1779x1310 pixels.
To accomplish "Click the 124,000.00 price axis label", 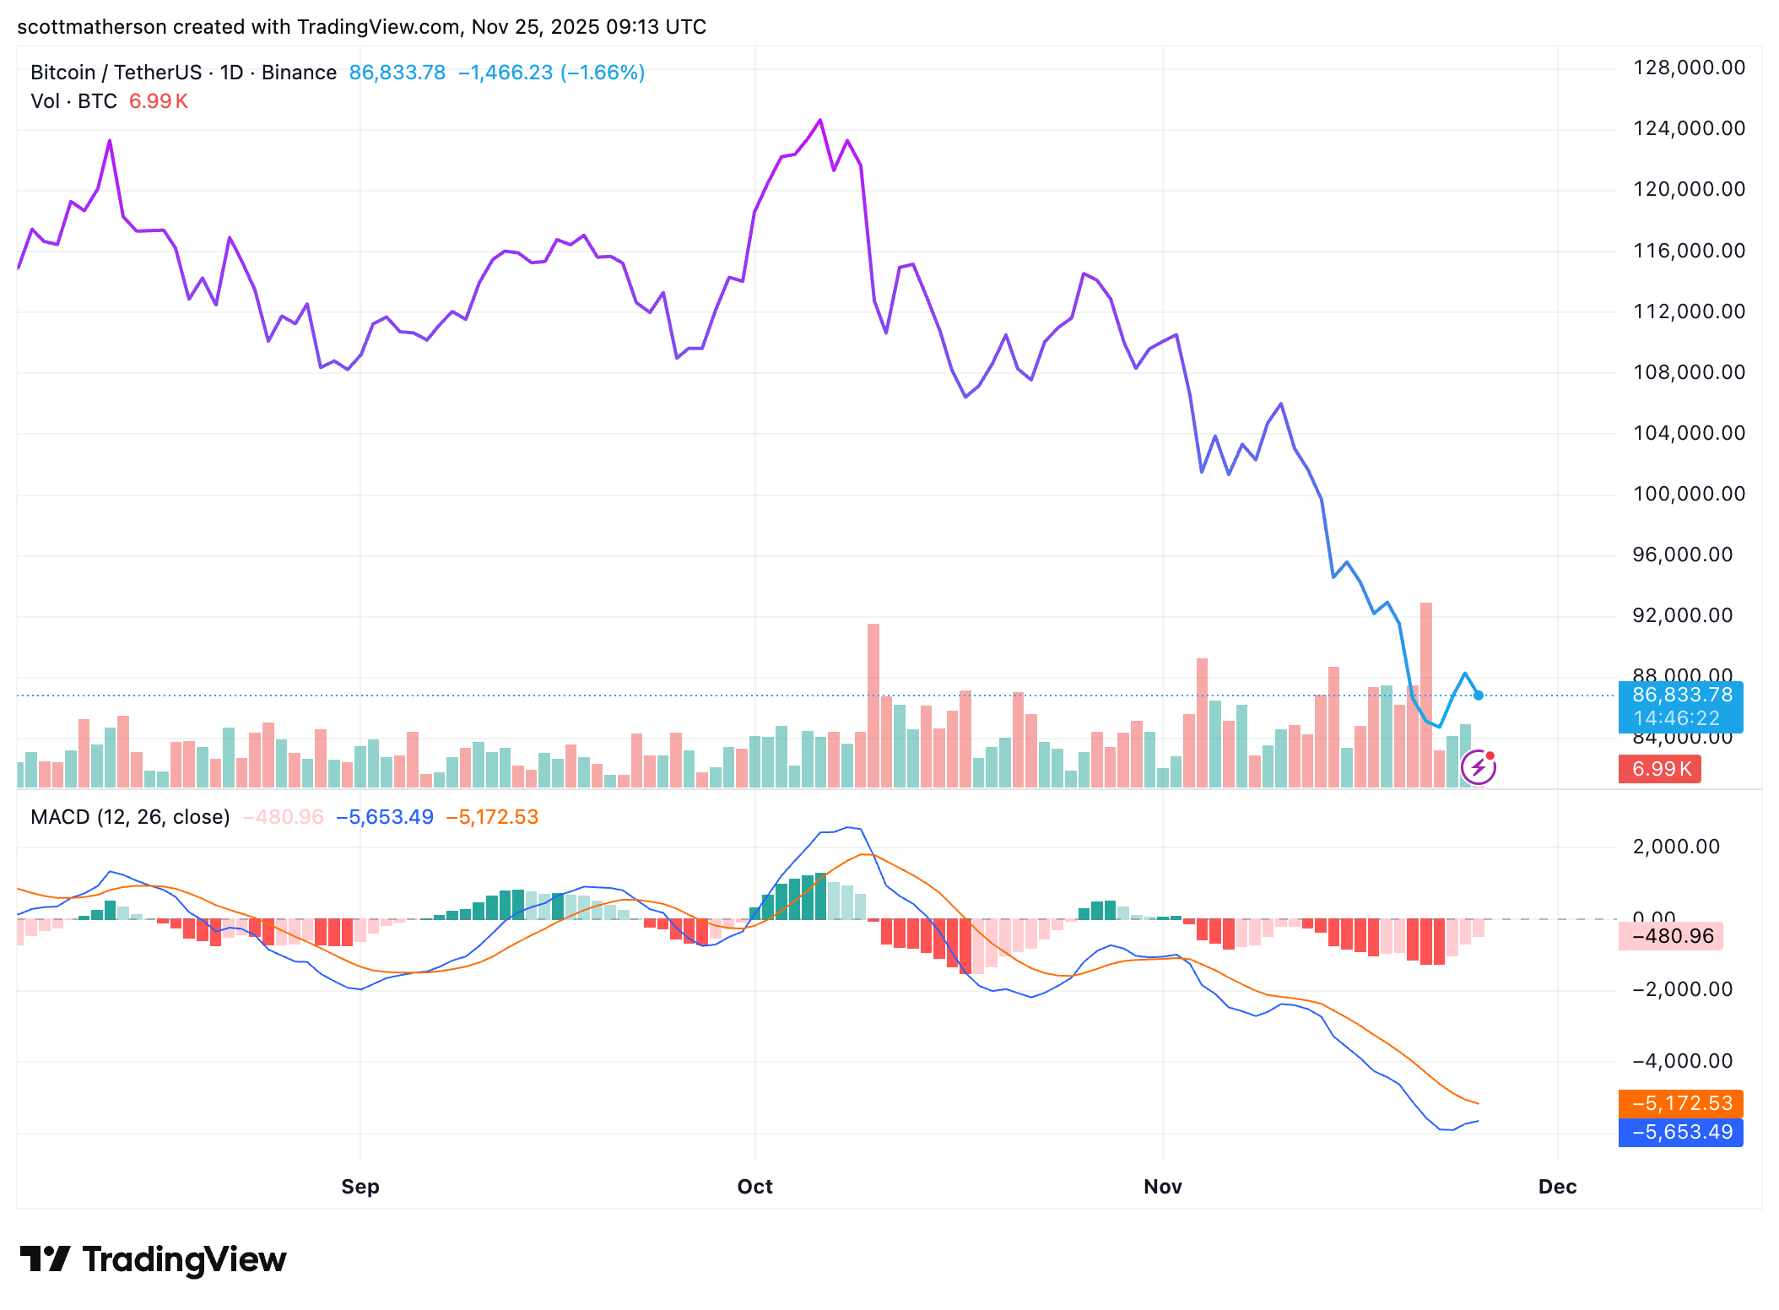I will [1688, 128].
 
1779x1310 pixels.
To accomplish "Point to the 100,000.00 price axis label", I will [1688, 494].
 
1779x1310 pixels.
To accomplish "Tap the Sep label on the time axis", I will [360, 1187].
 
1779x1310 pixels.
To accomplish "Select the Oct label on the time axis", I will [754, 1187].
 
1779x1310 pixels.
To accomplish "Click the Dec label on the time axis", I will [1557, 1187].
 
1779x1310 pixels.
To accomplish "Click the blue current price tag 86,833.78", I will [1681, 696].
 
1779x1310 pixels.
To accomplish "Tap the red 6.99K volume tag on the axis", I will [1660, 769].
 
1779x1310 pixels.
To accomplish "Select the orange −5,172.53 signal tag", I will [1681, 1103].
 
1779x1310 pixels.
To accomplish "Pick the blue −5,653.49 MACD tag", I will [1681, 1132].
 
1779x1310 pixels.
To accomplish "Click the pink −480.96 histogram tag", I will [1671, 936].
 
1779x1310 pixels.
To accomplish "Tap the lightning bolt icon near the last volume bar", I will [1478, 767].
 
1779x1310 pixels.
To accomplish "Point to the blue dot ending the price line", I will [1479, 696].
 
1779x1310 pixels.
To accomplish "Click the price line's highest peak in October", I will [820, 121].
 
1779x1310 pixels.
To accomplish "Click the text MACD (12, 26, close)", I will [130, 817].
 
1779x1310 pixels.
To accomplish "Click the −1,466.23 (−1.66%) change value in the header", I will [551, 73].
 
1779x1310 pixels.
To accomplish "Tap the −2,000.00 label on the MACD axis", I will [1682, 989].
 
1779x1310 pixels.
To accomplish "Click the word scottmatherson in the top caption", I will [92, 27].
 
